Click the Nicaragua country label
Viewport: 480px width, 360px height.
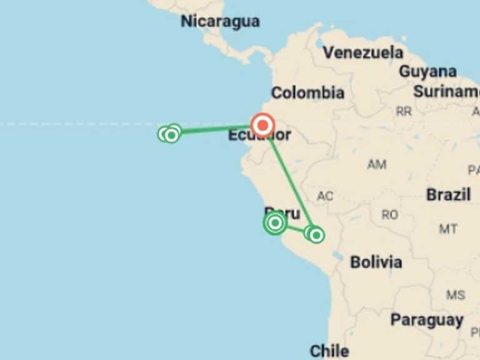[x=220, y=21]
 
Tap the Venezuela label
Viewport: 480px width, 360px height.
[x=363, y=52]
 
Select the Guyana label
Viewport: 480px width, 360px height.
[x=427, y=71]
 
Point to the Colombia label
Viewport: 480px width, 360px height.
[x=307, y=93]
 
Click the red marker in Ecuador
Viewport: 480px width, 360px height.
[x=262, y=126]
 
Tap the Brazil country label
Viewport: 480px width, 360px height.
[x=448, y=194]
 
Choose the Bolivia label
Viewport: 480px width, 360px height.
[x=376, y=262]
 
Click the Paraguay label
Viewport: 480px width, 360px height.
[x=427, y=321]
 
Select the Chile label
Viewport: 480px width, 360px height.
[x=329, y=351]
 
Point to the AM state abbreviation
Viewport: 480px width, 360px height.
[x=376, y=165]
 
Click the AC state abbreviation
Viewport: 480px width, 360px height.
[x=324, y=196]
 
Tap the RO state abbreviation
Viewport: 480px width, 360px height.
[x=389, y=215]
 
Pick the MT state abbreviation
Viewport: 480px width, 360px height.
[x=447, y=229]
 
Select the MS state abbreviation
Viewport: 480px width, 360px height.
[x=456, y=294]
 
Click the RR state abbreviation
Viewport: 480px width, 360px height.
[x=404, y=111]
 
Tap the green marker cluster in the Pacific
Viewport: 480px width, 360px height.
[x=169, y=133]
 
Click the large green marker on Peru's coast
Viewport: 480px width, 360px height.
[x=275, y=222]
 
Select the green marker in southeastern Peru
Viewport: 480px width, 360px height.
[x=316, y=234]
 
